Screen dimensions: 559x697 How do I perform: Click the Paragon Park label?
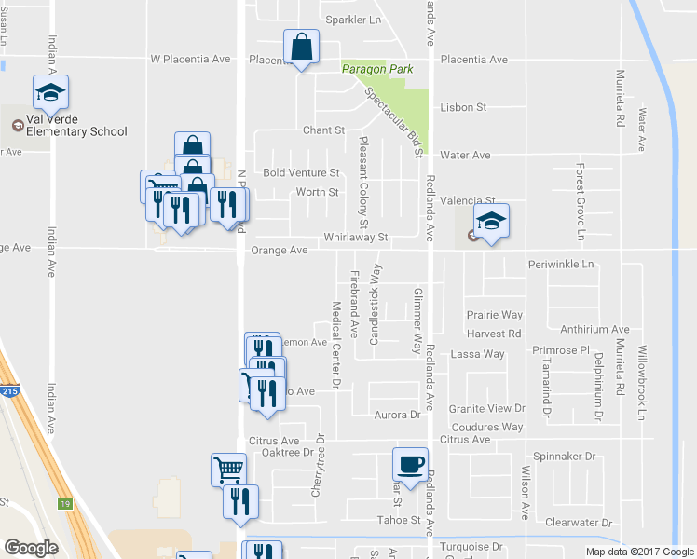pos(376,69)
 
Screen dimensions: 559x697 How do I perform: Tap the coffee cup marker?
pos(410,464)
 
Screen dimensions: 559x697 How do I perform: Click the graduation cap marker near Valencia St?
pos(491,221)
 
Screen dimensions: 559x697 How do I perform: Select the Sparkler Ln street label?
pos(353,20)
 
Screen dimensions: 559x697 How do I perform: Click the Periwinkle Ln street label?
pos(561,264)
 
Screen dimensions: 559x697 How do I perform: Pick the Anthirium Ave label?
pos(594,329)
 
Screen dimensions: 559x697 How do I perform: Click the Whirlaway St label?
pos(355,238)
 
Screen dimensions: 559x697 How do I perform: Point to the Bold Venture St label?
pos(301,173)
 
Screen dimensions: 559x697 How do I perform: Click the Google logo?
pos(31,548)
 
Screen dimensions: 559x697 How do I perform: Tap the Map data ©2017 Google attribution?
pos(639,551)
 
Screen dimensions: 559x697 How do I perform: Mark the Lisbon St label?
pos(463,107)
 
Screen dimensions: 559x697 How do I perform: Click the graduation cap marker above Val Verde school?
pos(50,91)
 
